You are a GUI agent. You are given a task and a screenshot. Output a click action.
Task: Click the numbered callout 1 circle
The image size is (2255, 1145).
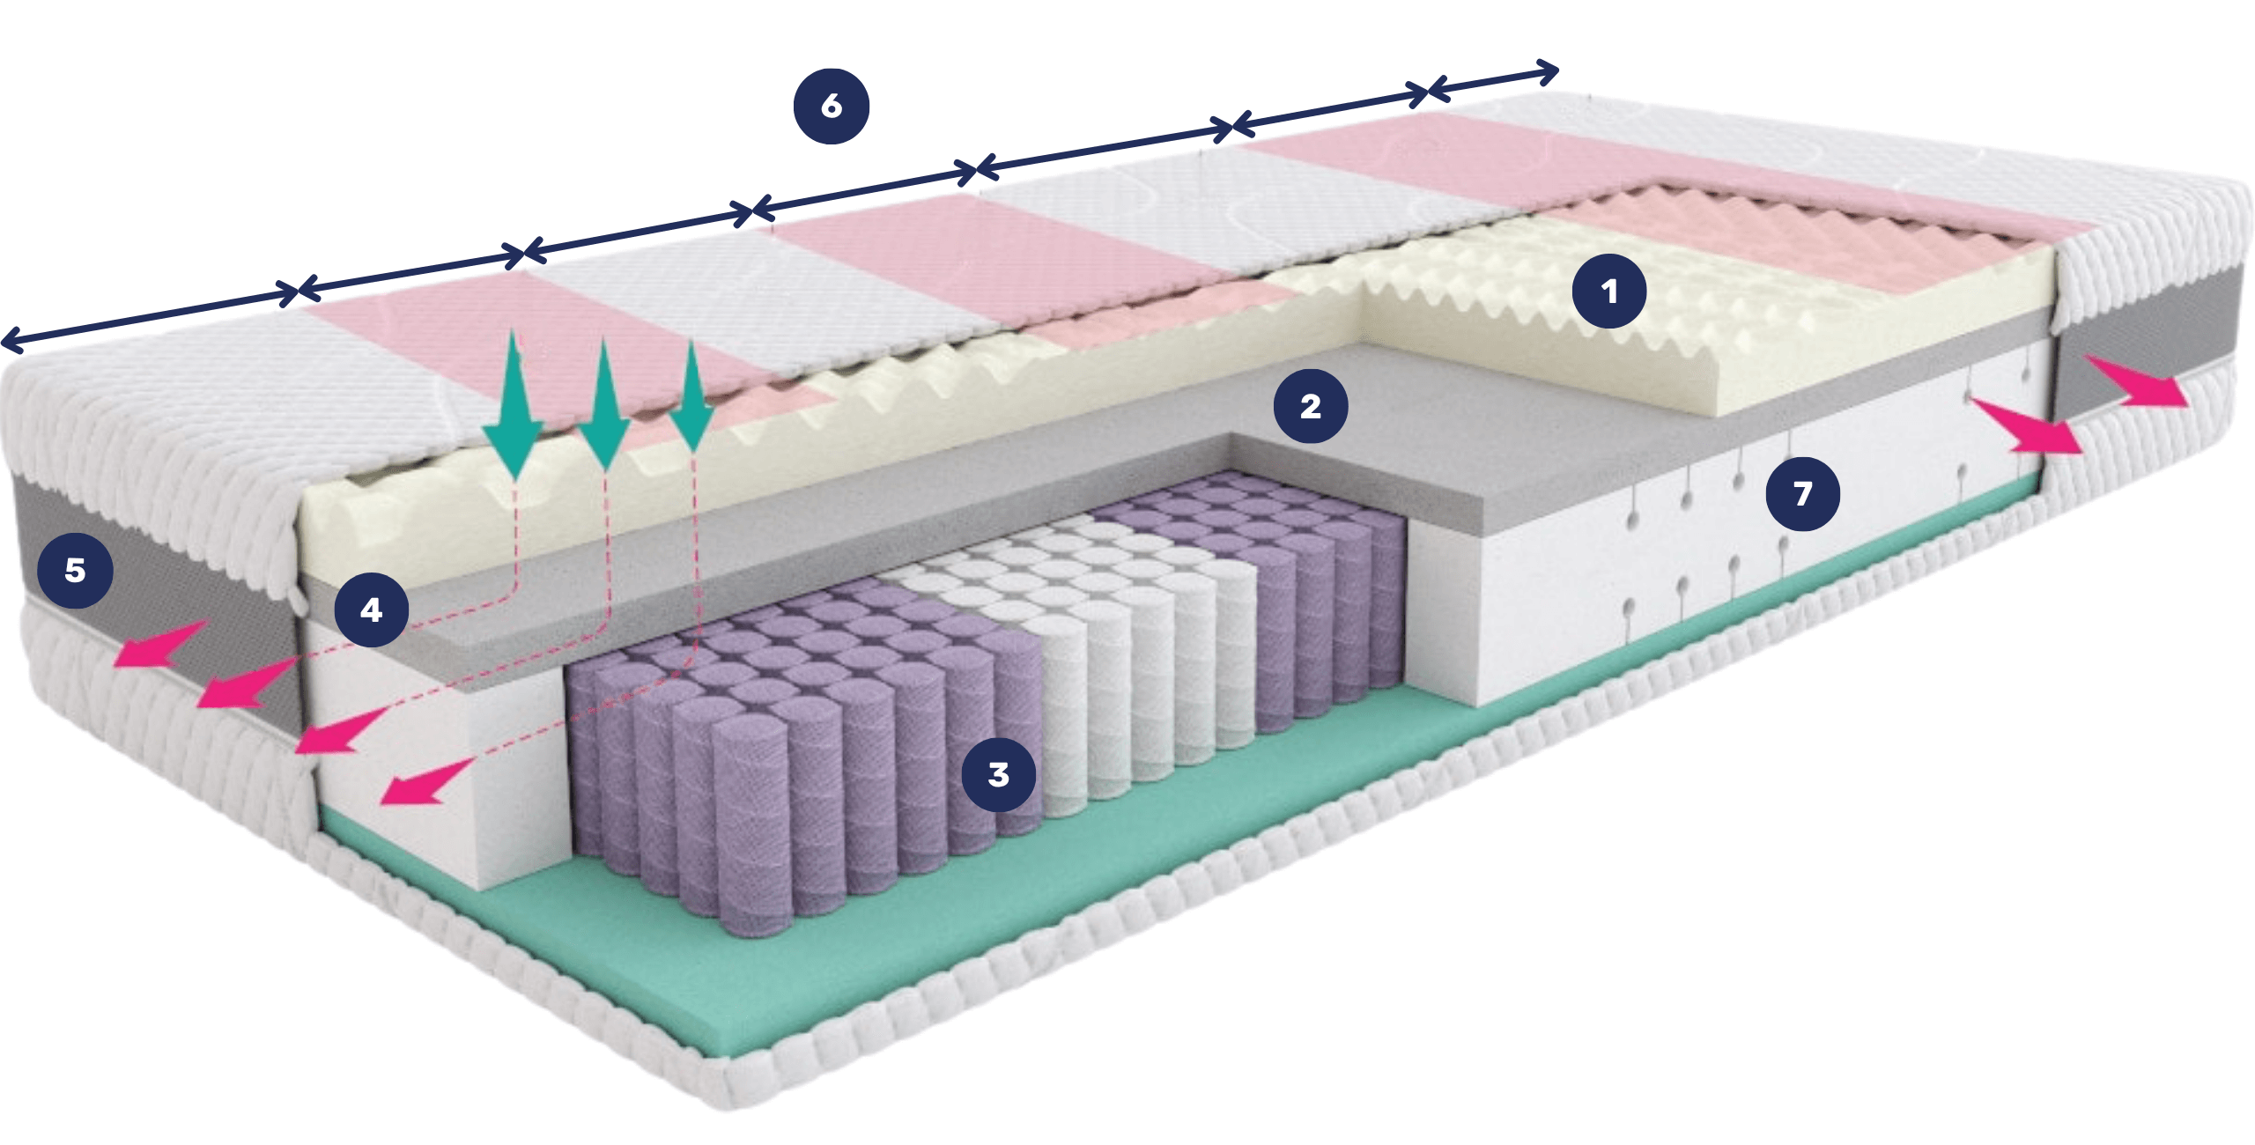click(x=1609, y=292)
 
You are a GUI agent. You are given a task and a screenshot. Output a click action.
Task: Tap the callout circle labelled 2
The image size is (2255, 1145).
click(x=1311, y=406)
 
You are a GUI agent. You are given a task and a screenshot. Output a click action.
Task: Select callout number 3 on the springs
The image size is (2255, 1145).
click(x=998, y=774)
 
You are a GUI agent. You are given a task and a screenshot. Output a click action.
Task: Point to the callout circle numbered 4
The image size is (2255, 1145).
click(x=371, y=609)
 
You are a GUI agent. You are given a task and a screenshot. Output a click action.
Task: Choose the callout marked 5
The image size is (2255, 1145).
click(x=75, y=570)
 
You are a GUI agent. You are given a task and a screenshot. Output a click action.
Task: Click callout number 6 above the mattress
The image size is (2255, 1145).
click(x=832, y=106)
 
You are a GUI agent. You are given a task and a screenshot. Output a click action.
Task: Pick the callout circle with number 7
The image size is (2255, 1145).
click(x=1802, y=493)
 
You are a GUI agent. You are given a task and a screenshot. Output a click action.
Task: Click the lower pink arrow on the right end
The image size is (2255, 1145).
click(x=2026, y=427)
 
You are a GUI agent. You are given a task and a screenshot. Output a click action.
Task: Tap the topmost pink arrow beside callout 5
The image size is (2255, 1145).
click(x=163, y=643)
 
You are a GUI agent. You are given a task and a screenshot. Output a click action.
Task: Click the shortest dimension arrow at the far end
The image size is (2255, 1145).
click(x=1490, y=78)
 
